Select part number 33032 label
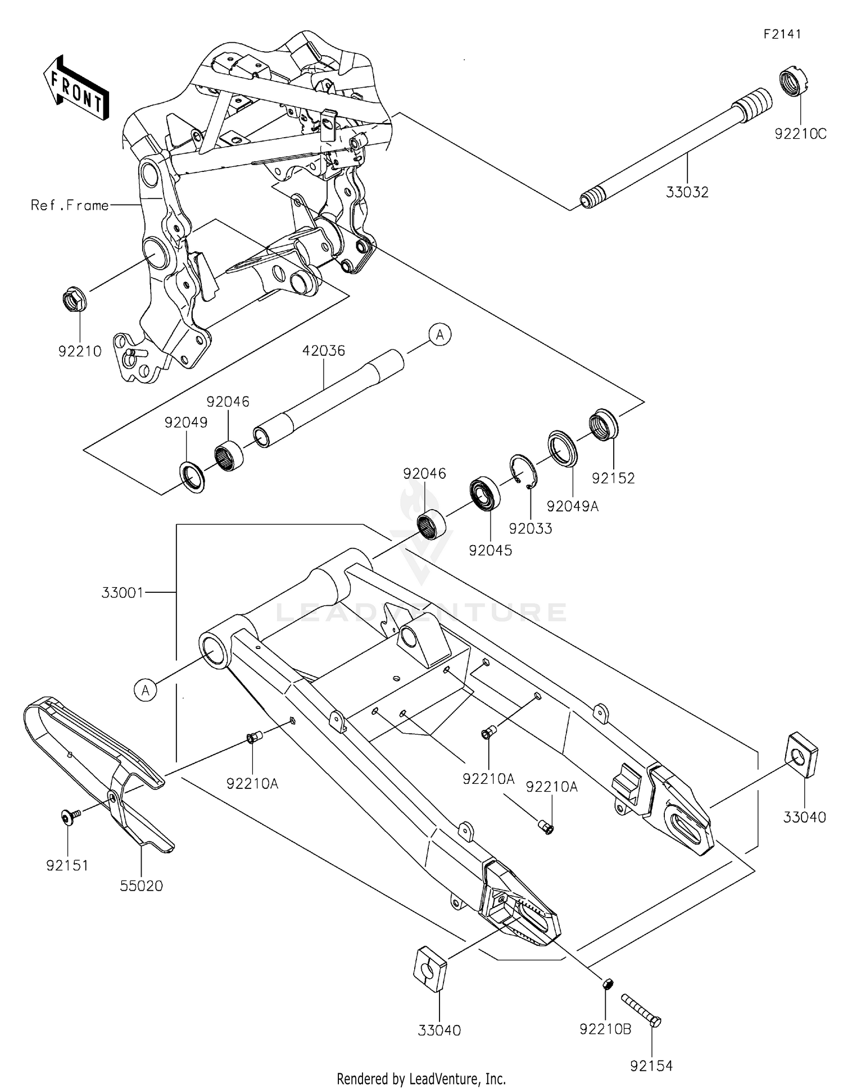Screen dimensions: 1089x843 (x=687, y=192)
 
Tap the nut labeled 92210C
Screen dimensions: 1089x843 (x=795, y=81)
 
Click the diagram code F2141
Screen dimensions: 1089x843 (x=782, y=34)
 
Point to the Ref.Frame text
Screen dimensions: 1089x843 (x=70, y=206)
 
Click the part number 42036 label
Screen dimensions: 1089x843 (x=323, y=351)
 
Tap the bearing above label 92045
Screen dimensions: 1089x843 (x=485, y=493)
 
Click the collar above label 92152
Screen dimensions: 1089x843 (x=603, y=425)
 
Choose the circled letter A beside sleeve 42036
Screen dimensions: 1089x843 (x=440, y=335)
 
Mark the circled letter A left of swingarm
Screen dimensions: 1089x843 (x=146, y=689)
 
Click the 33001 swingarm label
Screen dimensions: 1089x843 (x=123, y=592)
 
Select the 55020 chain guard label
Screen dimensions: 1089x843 (x=141, y=886)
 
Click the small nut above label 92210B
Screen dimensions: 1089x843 (x=607, y=984)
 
